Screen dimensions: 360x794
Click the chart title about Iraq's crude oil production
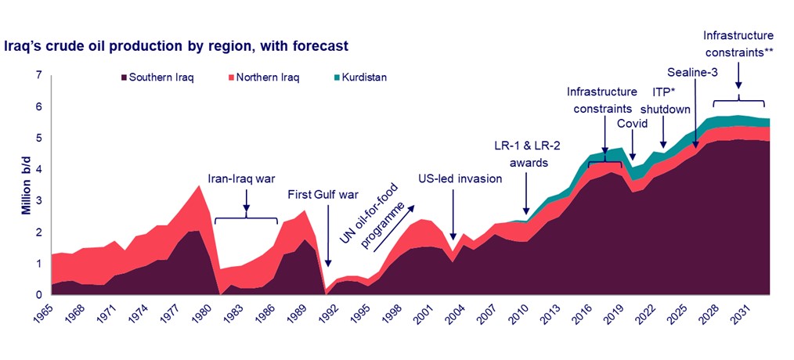pos(176,47)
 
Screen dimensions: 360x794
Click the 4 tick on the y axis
pos(38,170)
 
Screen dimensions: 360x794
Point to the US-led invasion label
pos(460,178)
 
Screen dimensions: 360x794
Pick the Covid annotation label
pos(631,124)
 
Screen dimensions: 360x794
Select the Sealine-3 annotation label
pos(692,73)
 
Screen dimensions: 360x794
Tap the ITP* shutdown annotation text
pos(663,102)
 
